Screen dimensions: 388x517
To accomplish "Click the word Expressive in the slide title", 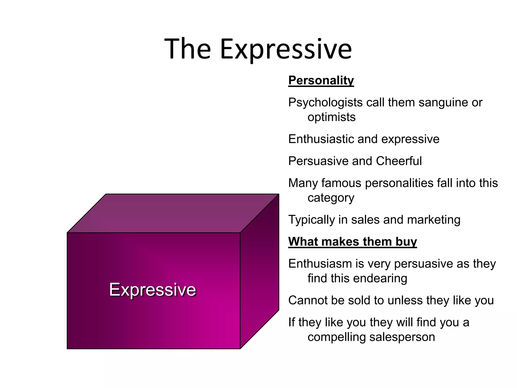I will coord(286,49).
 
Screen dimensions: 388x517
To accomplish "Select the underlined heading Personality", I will coord(321,81).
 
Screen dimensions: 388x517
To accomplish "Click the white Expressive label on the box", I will coord(152,289).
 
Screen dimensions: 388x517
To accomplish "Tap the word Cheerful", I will coord(399,161).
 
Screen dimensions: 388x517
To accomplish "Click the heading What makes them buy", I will coord(352,242).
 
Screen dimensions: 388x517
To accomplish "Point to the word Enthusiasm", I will coord(320,264).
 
